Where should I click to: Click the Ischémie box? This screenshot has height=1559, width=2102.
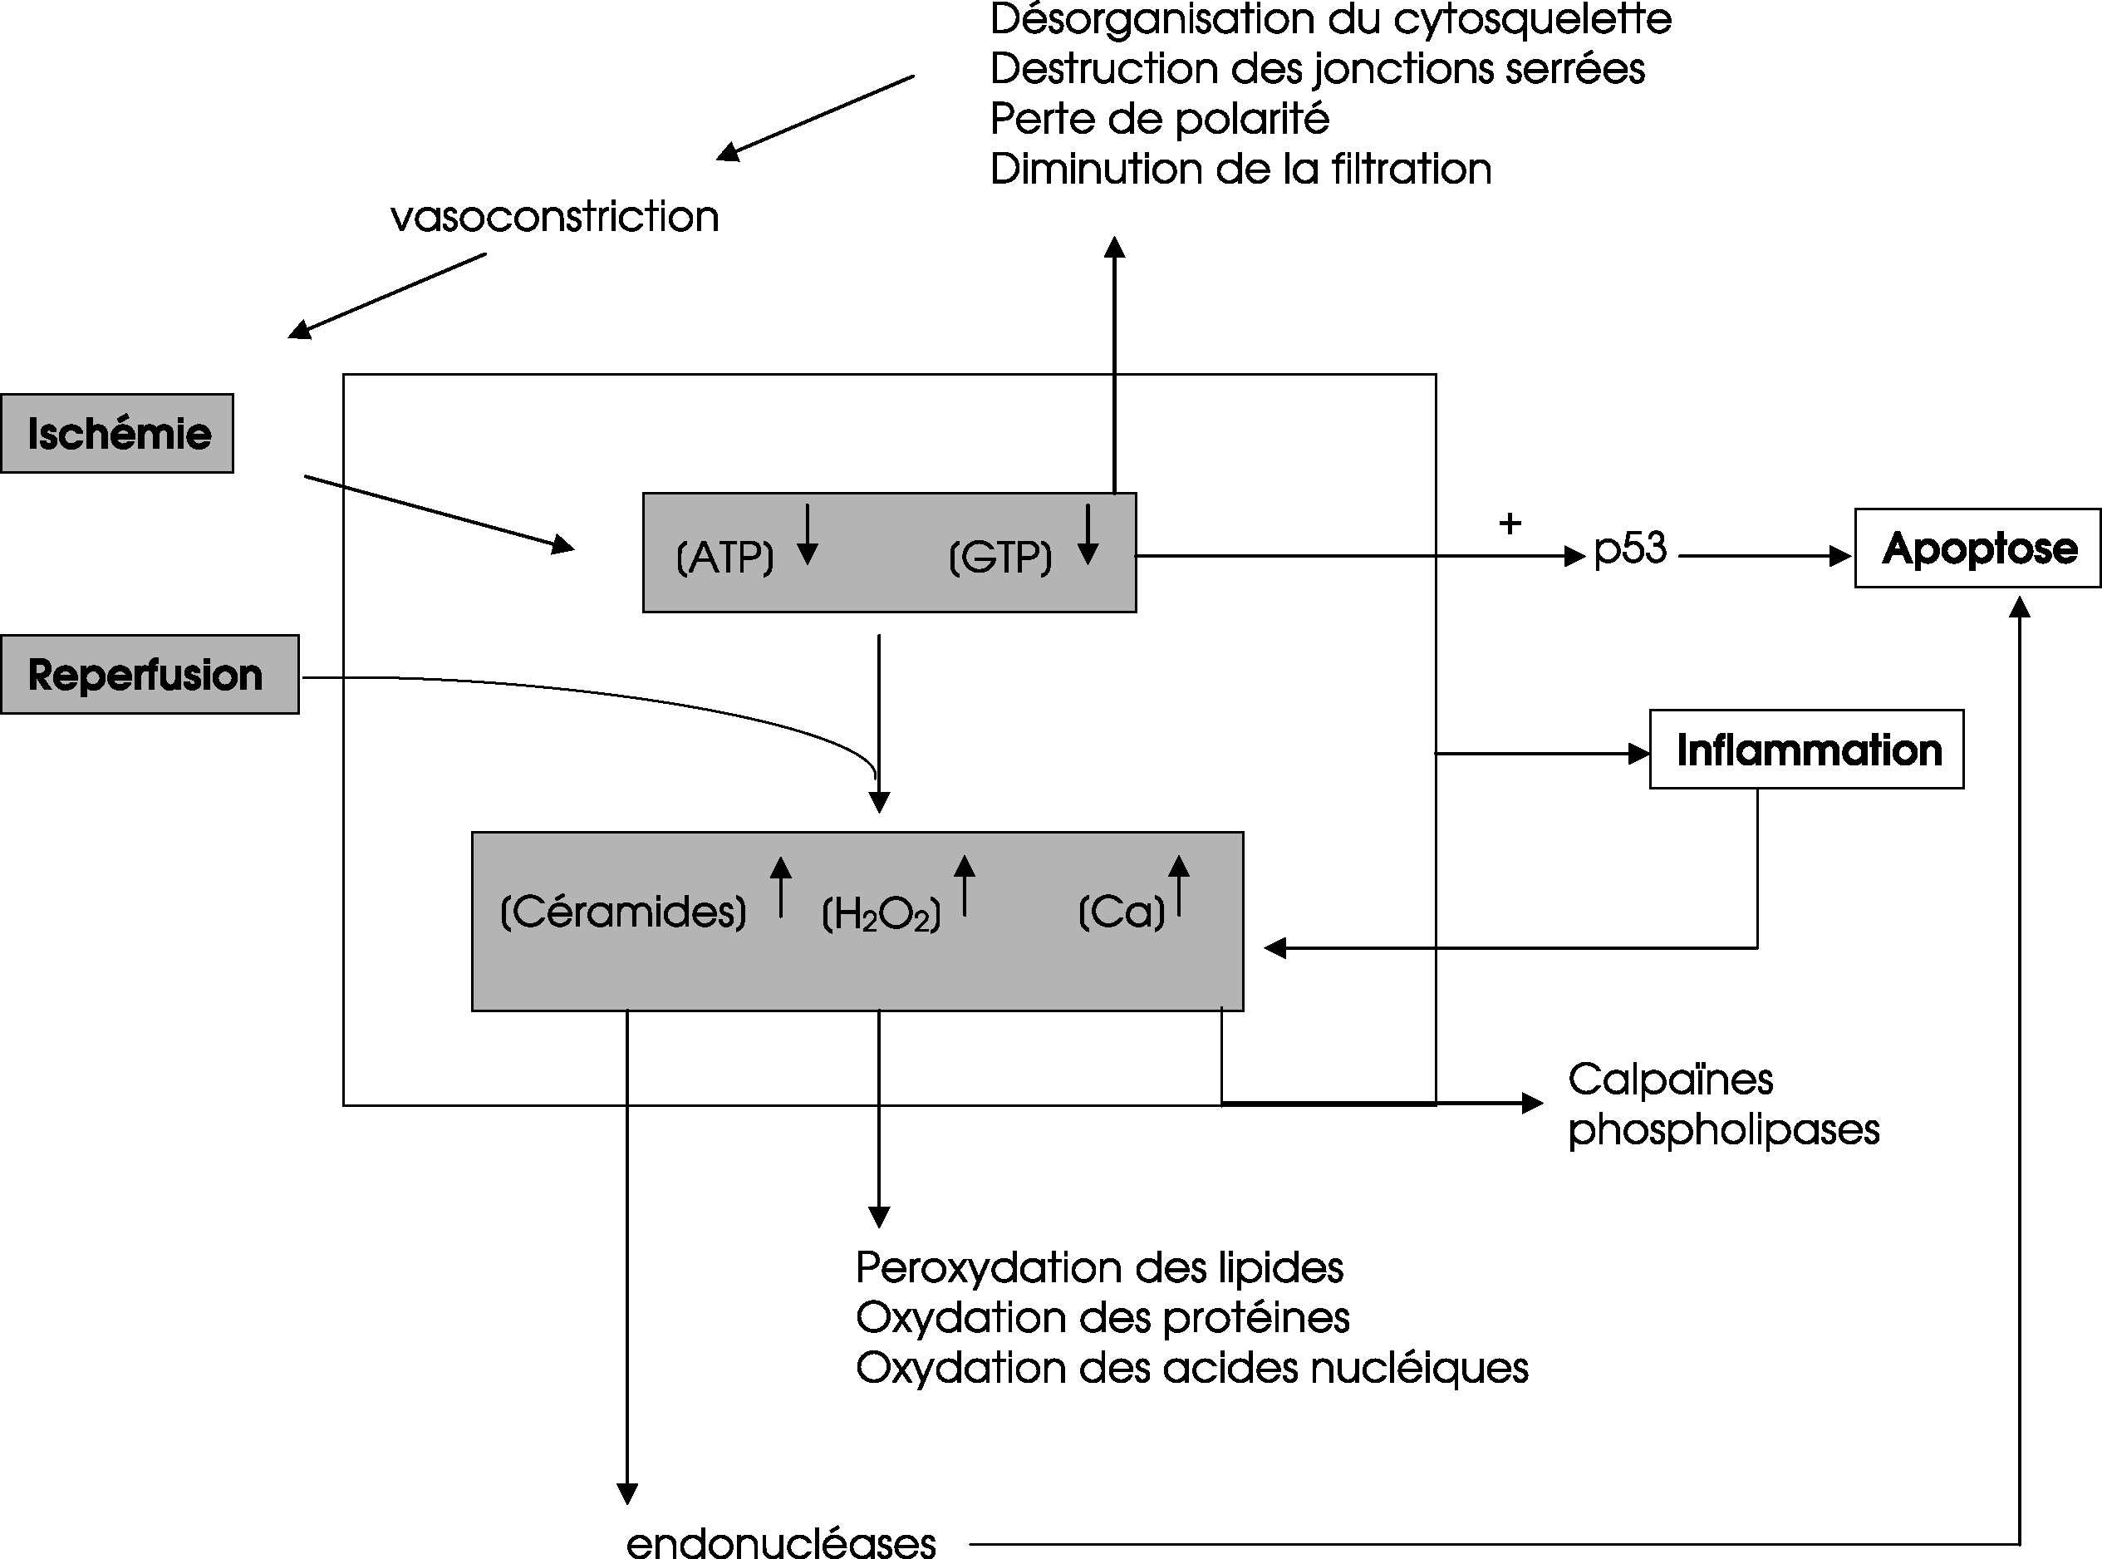tap(117, 433)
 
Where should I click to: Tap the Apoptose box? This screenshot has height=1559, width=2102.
tap(1978, 548)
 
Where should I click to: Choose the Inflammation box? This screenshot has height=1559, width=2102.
tap(1807, 750)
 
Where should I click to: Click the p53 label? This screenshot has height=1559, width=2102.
tap(1630, 549)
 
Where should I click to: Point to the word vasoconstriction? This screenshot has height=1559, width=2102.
tap(555, 217)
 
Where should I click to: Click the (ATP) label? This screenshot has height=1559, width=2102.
tap(724, 558)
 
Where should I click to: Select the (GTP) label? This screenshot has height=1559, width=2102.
tap(1000, 558)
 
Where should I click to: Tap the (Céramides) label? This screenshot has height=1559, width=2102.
tap(622, 912)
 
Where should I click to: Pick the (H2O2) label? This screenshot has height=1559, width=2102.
tap(882, 914)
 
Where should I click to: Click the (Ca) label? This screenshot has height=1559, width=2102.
tap(1122, 912)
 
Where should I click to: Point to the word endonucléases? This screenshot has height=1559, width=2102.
tap(781, 1543)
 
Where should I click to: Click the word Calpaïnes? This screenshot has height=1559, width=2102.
tap(1671, 1079)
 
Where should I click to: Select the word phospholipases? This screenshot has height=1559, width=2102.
tap(1724, 1130)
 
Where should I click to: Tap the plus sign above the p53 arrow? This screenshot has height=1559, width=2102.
tap(1510, 523)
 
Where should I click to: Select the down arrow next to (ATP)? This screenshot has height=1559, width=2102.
tap(807, 534)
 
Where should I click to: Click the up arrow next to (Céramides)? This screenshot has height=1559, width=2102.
tap(781, 886)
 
